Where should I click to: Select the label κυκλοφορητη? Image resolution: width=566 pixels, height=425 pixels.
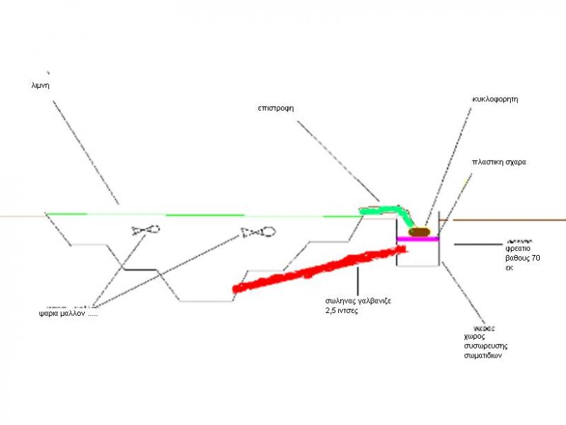(x=495, y=100)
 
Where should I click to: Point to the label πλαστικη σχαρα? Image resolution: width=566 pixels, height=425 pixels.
(x=499, y=162)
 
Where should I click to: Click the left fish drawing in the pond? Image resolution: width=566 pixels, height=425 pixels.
(x=146, y=229)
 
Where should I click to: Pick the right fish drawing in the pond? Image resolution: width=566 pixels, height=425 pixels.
(x=258, y=232)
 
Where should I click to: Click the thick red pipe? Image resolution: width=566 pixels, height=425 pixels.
(x=318, y=269)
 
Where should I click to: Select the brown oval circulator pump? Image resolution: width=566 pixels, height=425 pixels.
(x=420, y=230)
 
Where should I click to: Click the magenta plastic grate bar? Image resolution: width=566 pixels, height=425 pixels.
(x=417, y=239)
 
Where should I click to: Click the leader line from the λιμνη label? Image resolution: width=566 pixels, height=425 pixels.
(x=85, y=149)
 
